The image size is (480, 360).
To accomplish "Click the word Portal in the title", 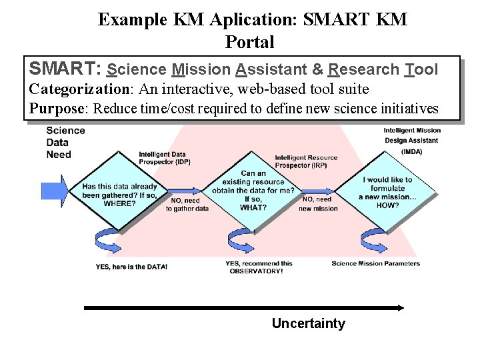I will [250, 42].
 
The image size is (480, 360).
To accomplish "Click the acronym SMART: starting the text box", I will [65, 69].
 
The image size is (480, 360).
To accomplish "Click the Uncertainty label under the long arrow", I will [308, 324].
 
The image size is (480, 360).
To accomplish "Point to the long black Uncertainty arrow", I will [243, 307].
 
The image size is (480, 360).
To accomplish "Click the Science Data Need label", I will [65, 142].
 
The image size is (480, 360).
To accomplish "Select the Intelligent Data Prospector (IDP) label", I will [162, 158].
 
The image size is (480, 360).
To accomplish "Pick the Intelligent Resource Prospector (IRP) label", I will [306, 161].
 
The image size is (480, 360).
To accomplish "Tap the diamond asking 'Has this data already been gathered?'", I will [119, 193].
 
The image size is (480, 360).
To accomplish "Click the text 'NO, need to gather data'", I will [187, 204].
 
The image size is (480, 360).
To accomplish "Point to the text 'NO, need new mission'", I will [318, 204].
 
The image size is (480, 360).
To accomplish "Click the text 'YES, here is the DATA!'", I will [131, 267].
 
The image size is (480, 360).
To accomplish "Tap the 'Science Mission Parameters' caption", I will [375, 263].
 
